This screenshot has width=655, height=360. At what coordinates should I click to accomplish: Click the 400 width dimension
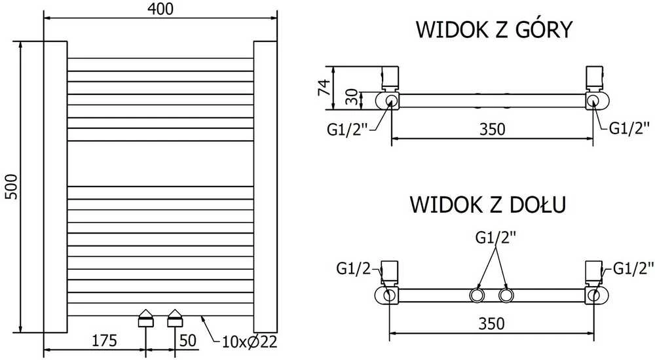160,9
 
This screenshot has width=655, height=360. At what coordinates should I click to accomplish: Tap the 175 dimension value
104,340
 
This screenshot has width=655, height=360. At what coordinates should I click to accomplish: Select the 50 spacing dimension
187,340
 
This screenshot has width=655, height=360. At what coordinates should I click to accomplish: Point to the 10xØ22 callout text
250,342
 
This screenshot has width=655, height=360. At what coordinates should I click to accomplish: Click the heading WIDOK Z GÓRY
494,29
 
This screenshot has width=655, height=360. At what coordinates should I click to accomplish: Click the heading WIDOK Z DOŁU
488,205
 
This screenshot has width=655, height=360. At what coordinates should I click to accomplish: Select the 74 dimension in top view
325,88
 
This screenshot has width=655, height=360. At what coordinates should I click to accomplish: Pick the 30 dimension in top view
352,97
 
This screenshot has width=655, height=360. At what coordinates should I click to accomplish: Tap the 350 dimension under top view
492,129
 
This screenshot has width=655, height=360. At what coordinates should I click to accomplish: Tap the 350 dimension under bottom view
491,323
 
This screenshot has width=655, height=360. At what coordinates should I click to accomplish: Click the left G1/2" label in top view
346,130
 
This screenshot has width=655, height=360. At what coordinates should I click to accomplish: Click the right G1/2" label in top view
629,128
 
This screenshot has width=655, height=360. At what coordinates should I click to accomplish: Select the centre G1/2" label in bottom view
495,238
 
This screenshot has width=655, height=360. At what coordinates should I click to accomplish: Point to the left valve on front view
146,318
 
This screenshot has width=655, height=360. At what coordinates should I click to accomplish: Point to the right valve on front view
175,318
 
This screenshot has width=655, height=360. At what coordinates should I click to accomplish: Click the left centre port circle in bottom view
476,295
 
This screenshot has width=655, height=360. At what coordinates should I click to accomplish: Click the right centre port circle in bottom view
506,295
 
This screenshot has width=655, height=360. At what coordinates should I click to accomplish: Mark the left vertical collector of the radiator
56,187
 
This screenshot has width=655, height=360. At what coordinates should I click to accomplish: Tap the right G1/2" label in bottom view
633,268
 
